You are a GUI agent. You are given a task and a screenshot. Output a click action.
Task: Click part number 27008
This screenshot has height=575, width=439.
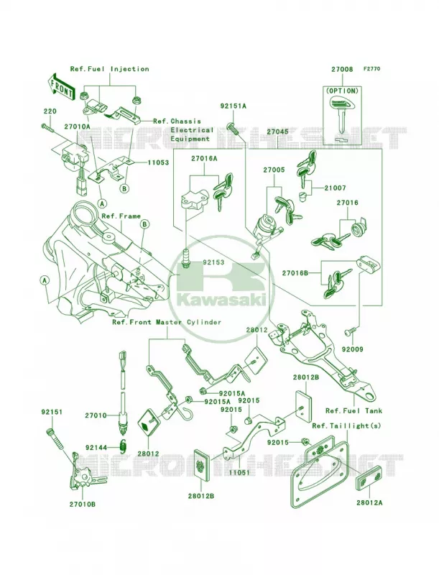[342, 69]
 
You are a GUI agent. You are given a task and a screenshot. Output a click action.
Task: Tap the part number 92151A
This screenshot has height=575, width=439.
[233, 106]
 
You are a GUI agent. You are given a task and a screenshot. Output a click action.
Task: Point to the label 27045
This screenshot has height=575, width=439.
[277, 132]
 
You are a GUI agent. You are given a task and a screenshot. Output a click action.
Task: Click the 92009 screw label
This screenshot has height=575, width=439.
[353, 349]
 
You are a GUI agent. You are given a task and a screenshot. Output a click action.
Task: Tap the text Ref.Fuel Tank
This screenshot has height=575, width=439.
[353, 410]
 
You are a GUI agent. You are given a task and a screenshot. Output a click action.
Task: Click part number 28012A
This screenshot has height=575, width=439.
[369, 502]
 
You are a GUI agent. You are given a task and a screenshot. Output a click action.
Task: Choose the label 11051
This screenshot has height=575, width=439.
[239, 472]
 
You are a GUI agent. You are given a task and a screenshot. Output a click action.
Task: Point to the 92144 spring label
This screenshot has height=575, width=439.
[96, 448]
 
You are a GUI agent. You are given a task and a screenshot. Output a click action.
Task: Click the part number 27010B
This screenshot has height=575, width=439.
[83, 505]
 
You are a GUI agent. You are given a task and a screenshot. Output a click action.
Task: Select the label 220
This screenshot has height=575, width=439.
[50, 111]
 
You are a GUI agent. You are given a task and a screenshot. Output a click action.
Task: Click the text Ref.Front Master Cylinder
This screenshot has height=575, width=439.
[167, 322]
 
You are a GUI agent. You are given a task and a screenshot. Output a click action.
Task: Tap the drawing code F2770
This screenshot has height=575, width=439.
[371, 68]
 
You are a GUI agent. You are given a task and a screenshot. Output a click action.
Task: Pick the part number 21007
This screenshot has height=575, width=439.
[335, 188]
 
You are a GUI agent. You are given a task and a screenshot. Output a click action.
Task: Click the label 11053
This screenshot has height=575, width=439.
[158, 162]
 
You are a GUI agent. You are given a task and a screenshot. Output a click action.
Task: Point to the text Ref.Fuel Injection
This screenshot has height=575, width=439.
[109, 68]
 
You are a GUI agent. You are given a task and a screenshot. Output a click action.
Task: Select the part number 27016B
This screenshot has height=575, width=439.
[295, 273]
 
